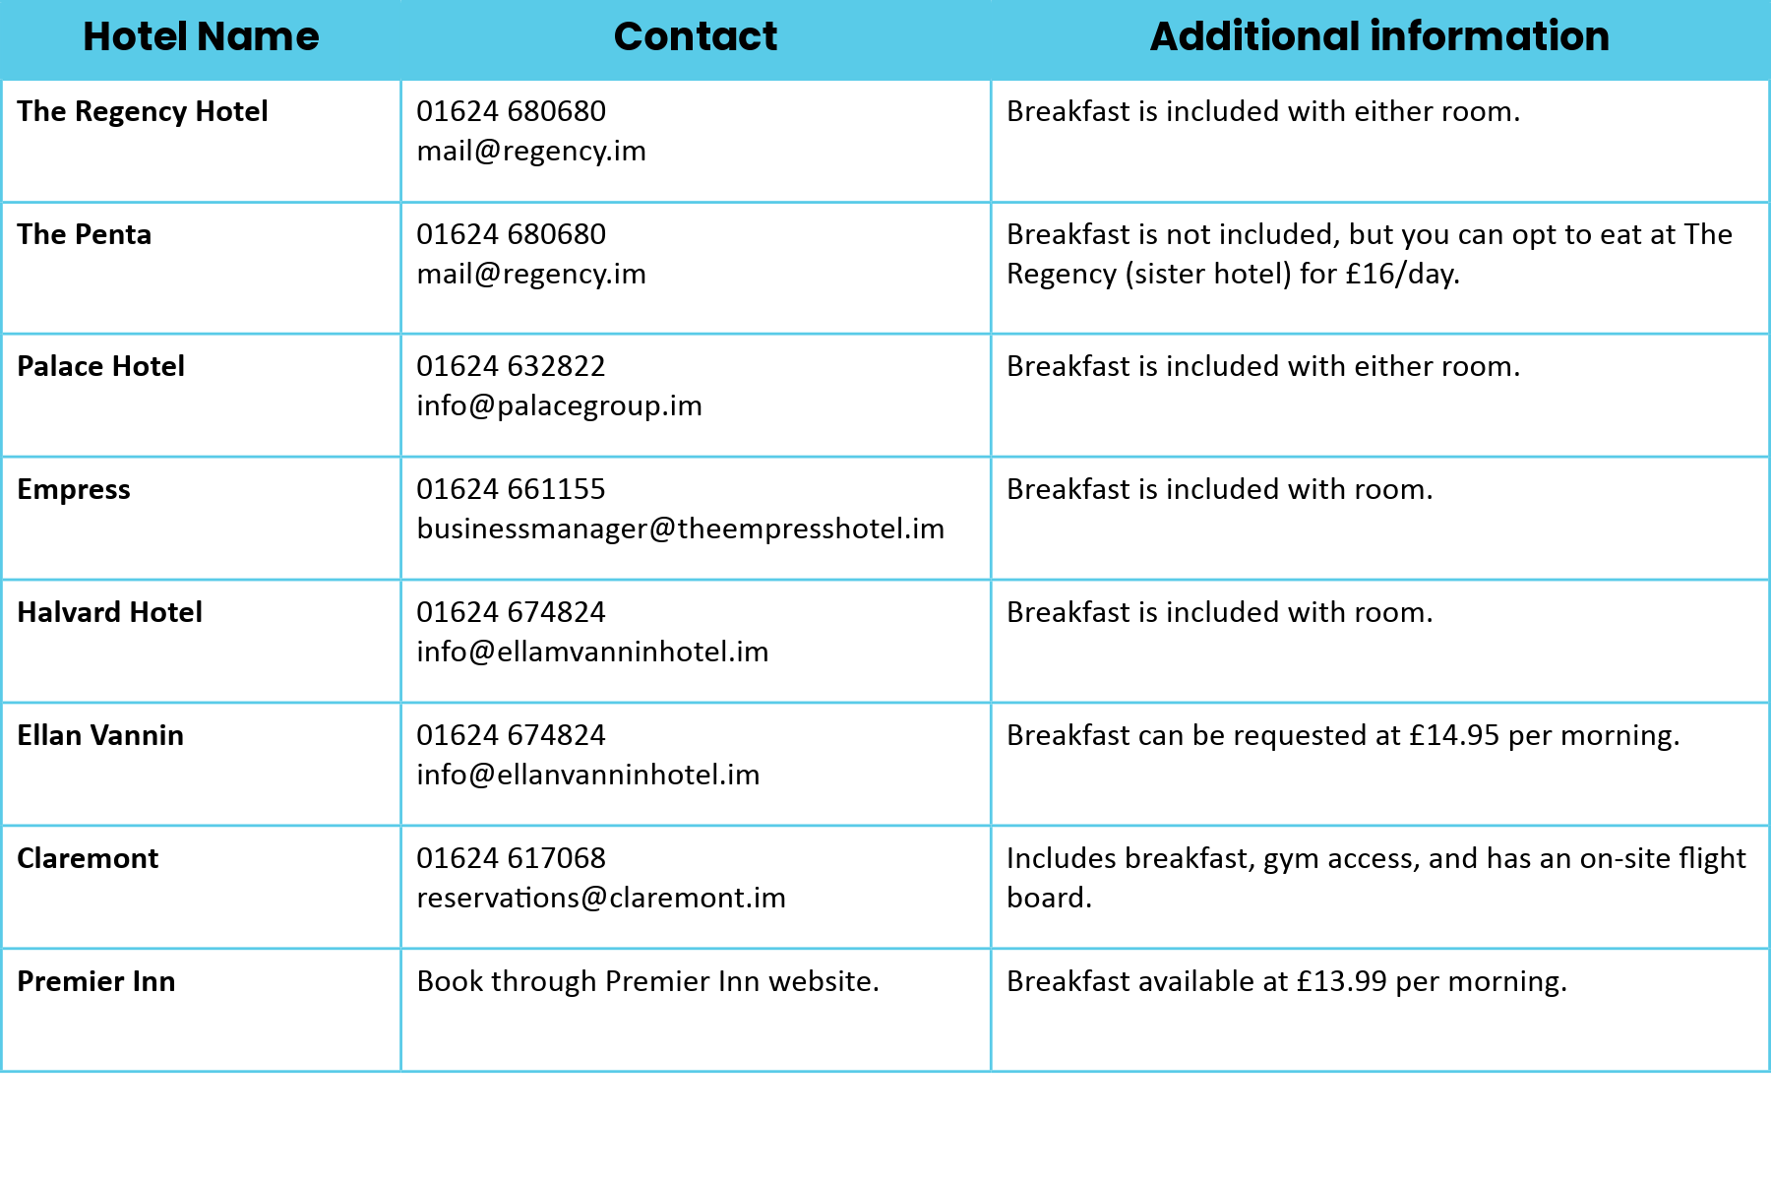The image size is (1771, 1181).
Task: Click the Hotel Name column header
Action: [201, 37]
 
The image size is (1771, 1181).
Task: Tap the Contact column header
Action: [695, 37]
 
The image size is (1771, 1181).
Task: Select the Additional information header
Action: [1379, 37]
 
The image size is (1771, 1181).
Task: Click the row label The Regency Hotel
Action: [143, 112]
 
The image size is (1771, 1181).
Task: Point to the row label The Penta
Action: [85, 235]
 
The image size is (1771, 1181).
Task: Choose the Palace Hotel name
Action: [101, 367]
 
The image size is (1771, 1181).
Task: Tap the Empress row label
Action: [74, 490]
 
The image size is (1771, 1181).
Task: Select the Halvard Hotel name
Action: [110, 613]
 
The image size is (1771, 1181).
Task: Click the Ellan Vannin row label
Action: [100, 736]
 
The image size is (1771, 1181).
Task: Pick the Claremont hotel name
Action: [88, 859]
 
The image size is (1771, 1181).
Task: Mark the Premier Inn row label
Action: [96, 982]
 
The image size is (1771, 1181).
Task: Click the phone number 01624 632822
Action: [511, 367]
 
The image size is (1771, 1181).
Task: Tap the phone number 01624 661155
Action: [511, 490]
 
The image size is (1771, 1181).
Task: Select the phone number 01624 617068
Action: [511, 859]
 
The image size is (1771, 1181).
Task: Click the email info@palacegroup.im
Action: [559, 406]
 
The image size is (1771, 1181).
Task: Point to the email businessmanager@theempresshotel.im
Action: [680, 529]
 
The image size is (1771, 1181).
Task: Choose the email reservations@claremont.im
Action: [601, 899]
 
